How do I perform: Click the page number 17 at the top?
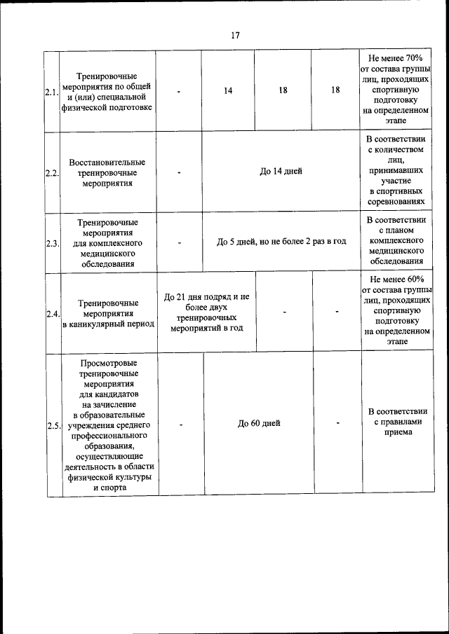[x=235, y=36]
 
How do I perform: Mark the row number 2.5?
[x=53, y=425]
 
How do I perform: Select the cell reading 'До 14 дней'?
[x=281, y=172]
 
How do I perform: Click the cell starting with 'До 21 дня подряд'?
[x=206, y=312]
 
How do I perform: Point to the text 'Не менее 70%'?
[x=396, y=57]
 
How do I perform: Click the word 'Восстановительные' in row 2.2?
[x=107, y=163]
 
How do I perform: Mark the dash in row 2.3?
[x=180, y=242]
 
